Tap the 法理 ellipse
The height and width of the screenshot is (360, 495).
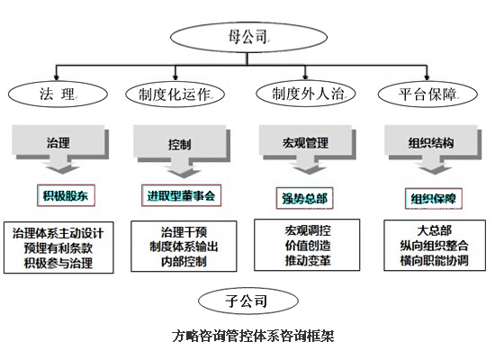tap(56, 94)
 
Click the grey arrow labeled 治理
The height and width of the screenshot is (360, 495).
tap(58, 144)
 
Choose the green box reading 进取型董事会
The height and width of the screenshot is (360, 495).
tap(181, 194)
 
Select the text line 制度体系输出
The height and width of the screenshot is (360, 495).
tap(182, 247)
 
